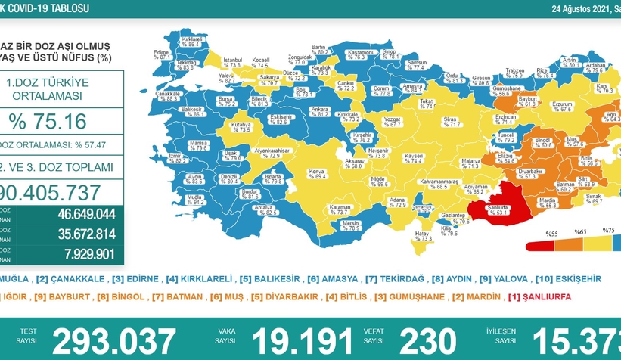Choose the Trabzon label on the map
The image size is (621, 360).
coord(514,73)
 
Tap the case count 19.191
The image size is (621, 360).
coord(303,341)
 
